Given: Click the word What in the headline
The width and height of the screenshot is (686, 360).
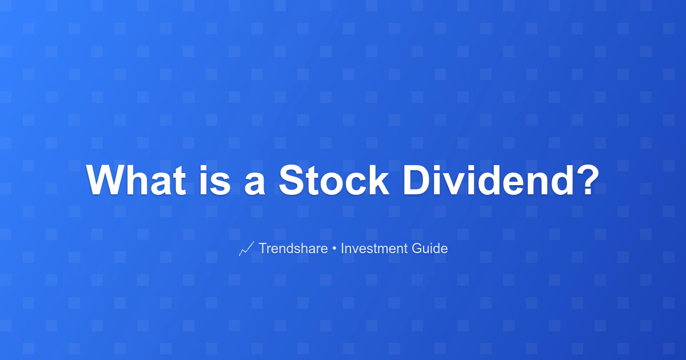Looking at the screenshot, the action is tap(136, 180).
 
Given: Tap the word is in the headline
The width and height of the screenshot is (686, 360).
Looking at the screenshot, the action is tap(215, 180).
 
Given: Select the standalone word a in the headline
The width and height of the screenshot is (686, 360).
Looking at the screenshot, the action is tap(254, 183).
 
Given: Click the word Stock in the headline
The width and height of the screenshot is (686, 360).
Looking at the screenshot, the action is tap(334, 180).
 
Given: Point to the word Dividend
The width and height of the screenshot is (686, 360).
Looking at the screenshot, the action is tap(488, 180).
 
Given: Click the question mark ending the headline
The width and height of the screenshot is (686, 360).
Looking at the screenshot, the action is tap(587, 180).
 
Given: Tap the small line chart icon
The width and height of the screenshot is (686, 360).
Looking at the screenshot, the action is tap(246, 249).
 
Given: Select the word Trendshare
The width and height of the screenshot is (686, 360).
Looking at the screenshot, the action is tap(293, 248).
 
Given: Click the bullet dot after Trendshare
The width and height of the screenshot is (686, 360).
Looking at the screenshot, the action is tap(334, 249).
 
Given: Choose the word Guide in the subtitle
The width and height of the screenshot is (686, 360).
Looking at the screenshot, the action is tap(429, 248).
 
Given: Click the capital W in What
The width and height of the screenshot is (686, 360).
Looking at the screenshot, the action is tap(106, 180).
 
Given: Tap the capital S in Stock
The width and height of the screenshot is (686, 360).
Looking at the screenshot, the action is tap(292, 180).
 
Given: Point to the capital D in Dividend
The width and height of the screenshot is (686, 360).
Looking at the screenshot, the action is tap(417, 180).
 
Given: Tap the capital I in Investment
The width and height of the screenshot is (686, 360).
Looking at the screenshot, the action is tap(342, 248).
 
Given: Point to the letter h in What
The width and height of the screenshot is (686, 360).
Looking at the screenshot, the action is tap(138, 180).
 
